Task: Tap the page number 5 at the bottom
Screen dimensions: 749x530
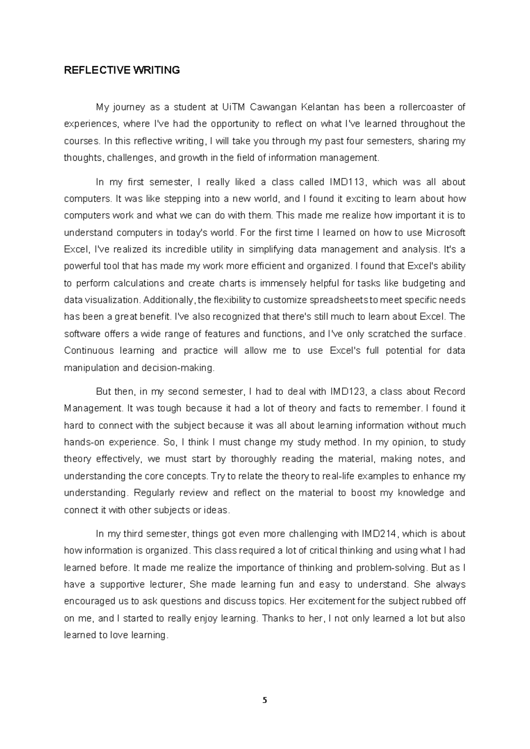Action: [265, 700]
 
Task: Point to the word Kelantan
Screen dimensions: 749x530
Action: [320, 107]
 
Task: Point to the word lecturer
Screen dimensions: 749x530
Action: [165, 585]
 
